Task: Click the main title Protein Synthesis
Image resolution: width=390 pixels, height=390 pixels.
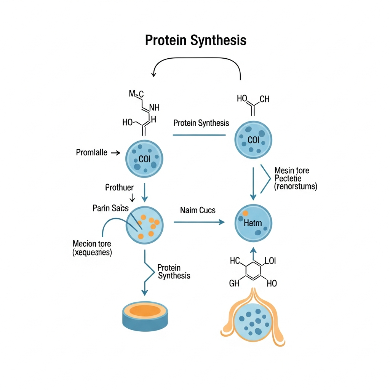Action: (195, 40)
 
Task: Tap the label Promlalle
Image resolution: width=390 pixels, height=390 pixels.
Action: (91, 153)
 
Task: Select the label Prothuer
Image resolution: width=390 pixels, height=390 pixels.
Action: (119, 187)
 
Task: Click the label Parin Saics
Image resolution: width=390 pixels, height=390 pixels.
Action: (110, 208)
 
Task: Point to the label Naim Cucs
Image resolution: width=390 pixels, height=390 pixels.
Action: (198, 210)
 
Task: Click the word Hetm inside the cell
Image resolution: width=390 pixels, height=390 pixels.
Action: (253, 223)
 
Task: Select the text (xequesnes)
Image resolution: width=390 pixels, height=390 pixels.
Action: (92, 252)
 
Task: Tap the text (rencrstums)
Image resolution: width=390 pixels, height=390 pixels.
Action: (296, 187)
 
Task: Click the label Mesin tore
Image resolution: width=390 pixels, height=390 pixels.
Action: (292, 170)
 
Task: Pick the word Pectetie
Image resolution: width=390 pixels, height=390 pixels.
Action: (288, 178)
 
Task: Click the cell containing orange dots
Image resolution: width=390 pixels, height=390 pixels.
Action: (145, 225)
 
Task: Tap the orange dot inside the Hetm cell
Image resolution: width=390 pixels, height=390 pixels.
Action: (245, 213)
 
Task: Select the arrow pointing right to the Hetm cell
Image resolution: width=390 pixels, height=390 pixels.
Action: (199, 222)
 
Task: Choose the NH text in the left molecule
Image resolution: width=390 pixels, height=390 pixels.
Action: (155, 108)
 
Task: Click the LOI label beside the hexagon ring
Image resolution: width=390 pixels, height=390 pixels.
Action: (270, 261)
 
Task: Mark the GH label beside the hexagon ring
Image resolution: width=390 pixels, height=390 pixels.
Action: (235, 283)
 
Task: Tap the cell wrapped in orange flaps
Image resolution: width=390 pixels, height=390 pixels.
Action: (253, 321)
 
